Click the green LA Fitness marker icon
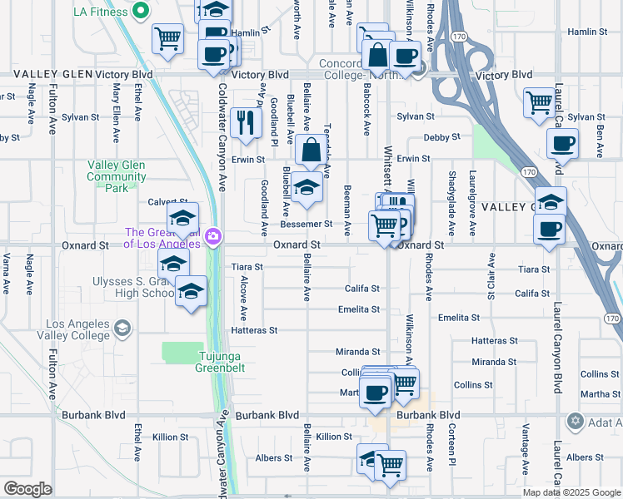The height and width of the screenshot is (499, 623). click(141, 11)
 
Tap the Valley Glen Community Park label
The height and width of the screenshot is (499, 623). click(117, 176)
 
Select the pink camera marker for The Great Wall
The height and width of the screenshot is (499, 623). click(213, 238)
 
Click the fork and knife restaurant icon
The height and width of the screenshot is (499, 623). click(245, 122)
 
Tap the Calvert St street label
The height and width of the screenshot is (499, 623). click(167, 202)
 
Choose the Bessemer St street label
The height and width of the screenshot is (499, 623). click(307, 225)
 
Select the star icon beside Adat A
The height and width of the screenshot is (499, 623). click(575, 420)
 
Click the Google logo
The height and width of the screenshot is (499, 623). click(27, 488)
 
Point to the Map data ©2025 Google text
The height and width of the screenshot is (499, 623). click(571, 492)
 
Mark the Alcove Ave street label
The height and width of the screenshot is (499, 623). click(244, 299)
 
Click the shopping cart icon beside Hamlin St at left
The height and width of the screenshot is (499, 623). click(167, 37)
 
